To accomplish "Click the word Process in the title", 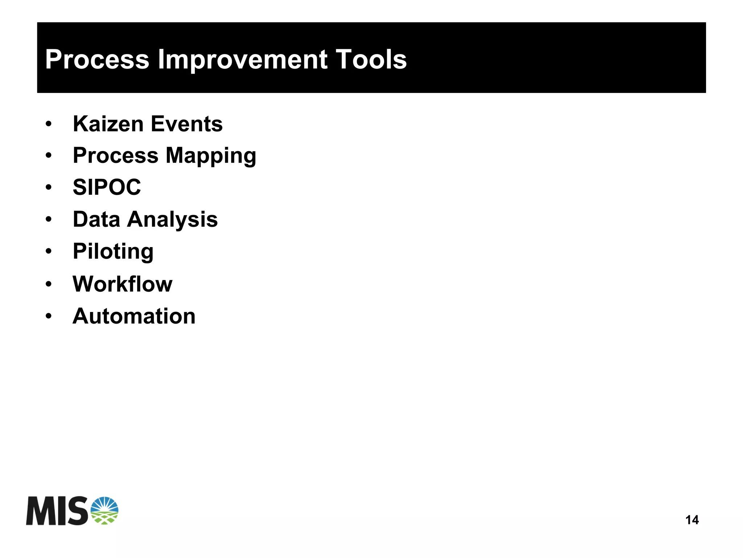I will [97, 60].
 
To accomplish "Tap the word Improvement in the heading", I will [243, 60].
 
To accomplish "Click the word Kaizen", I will [108, 124].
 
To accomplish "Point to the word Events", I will [186, 124].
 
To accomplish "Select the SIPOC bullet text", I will [107, 188].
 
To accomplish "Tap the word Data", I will [96, 219].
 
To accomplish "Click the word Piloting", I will [113, 251].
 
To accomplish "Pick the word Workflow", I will [122, 284].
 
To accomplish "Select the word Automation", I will [134, 316].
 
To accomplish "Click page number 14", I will [692, 520].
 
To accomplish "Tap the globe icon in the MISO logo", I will [104, 510].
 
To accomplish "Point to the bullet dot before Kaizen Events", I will [49, 124].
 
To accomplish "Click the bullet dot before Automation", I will [49, 316].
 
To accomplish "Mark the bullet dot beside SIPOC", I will [49, 188].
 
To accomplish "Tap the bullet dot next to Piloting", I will [49, 252].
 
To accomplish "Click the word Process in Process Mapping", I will [115, 156].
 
